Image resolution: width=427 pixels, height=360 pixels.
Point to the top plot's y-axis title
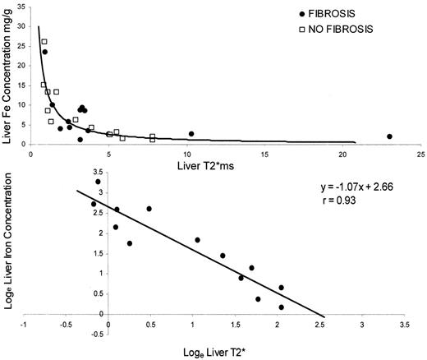pyautogui.click(x=7, y=74)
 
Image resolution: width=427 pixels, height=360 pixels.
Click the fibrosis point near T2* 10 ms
pyautogui.click(x=191, y=134)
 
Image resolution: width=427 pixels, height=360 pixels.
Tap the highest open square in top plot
pyautogui.click(x=44, y=42)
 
